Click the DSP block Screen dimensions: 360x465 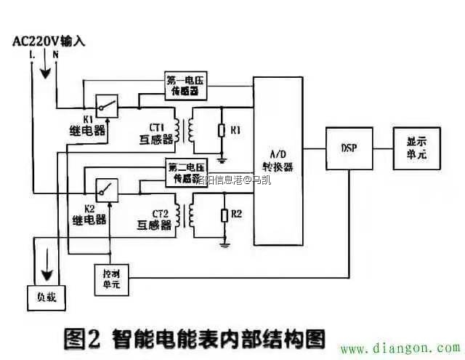[x=348, y=148]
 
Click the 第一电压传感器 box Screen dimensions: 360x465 [x=185, y=87]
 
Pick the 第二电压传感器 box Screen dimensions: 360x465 [x=185, y=172]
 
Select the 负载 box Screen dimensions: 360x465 [x=41, y=297]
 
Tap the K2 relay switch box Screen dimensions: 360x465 [x=106, y=191]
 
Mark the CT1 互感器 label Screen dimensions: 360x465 [x=154, y=130]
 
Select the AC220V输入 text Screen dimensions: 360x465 [x=49, y=41]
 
